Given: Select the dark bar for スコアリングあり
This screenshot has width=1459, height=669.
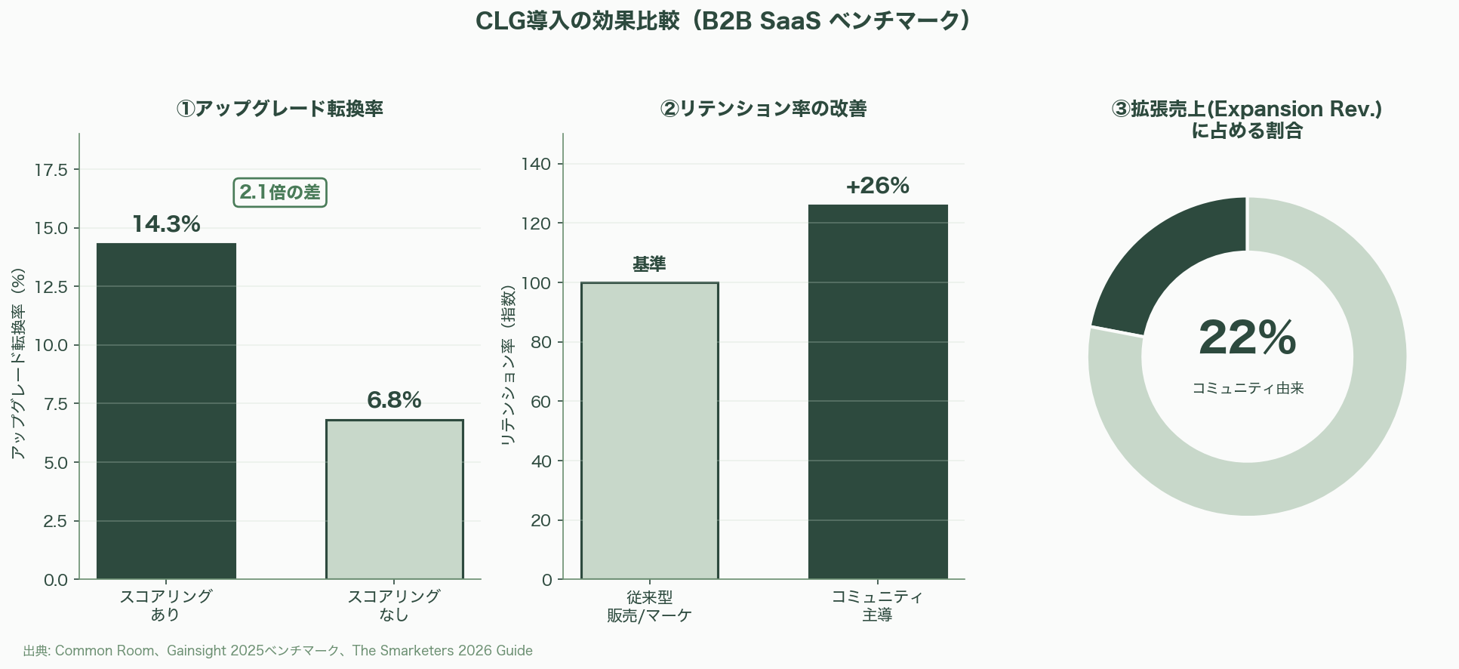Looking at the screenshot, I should (166, 411).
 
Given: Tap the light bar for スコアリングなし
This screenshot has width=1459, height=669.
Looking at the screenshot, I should (394, 499).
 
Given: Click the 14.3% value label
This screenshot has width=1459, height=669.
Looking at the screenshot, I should (166, 224).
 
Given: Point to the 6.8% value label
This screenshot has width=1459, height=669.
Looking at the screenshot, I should (394, 400).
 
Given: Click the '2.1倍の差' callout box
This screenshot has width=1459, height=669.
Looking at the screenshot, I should (280, 193).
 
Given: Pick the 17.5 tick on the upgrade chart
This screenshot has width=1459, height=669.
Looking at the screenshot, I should (51, 170).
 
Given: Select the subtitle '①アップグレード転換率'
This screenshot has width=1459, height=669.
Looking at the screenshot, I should (280, 109).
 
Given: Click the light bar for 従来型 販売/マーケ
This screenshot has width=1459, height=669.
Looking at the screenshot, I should (649, 430).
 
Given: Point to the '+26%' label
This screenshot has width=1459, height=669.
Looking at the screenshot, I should (878, 186).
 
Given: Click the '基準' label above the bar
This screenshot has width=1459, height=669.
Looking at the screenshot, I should (649, 264).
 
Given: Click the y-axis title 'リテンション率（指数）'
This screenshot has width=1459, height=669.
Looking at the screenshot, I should (508, 365).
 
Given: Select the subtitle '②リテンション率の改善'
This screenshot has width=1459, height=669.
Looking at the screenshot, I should (763, 109).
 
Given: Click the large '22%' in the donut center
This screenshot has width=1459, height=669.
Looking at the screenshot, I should (1247, 338).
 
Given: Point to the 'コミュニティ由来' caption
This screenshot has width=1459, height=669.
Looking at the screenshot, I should (1248, 388).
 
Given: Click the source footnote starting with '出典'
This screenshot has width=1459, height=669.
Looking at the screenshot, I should (278, 651).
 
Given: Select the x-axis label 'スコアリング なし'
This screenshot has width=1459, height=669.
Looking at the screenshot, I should (394, 605).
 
